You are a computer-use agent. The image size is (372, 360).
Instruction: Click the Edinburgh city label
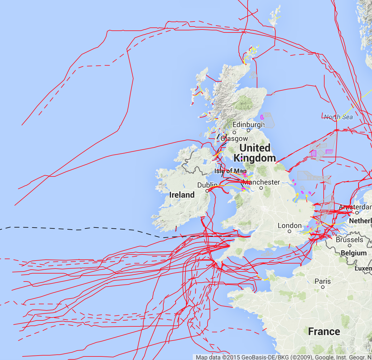point(248,125)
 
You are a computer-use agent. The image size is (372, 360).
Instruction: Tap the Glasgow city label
point(234,138)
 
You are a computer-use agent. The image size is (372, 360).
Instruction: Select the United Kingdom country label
point(255,153)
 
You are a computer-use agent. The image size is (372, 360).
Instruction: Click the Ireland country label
point(182,195)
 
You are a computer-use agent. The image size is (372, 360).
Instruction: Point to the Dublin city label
point(207,185)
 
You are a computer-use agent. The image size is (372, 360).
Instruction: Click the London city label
point(289,226)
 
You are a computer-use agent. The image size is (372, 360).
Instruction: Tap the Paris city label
point(322,281)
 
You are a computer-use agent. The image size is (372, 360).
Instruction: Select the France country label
point(324,331)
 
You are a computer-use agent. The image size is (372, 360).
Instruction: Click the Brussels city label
point(349,240)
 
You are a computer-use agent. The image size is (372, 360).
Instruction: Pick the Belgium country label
point(354,253)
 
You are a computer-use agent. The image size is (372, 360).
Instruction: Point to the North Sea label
point(338,117)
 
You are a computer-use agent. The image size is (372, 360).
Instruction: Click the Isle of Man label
point(230,171)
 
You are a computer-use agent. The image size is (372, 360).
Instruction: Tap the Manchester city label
point(261,182)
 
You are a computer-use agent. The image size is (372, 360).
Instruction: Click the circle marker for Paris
point(323,287)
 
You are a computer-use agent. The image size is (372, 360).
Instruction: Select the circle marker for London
point(289,231)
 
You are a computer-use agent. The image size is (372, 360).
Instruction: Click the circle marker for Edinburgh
point(248,130)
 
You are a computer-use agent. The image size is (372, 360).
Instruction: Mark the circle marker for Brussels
point(350,246)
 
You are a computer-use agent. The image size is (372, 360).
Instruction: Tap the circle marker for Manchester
point(261,188)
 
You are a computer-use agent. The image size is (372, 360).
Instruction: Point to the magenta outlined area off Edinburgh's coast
point(262,117)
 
